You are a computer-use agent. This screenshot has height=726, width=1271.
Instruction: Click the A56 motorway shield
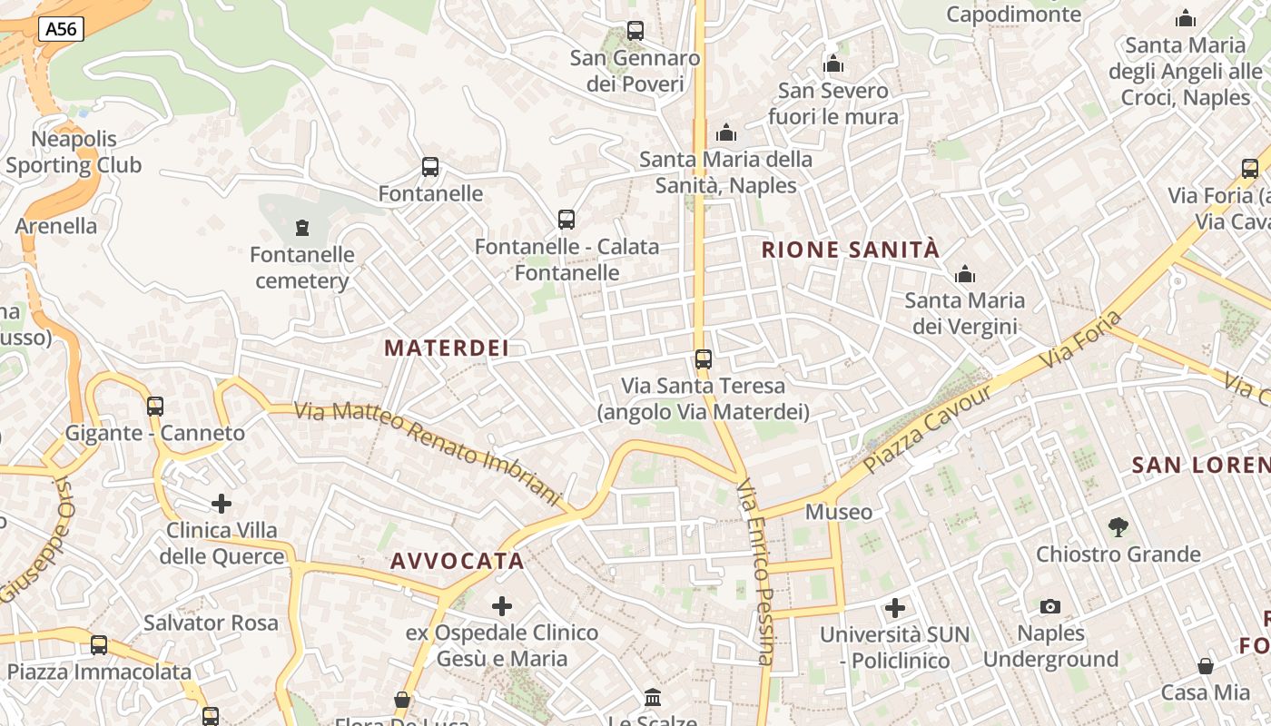(62, 29)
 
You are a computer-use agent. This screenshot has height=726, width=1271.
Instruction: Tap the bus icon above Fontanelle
(430, 167)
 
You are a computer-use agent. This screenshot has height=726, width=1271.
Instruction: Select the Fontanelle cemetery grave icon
(302, 228)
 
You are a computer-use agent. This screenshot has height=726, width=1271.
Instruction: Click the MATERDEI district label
(446, 348)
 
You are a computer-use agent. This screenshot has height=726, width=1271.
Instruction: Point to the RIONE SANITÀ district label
(850, 250)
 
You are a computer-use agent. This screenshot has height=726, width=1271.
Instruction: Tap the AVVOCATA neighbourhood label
(458, 561)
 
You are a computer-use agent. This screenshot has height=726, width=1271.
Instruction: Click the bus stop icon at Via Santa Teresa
(704, 359)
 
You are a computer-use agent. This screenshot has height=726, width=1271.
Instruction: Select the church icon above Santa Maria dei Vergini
(964, 274)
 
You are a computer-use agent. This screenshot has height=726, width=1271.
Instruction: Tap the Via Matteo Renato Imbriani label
(429, 449)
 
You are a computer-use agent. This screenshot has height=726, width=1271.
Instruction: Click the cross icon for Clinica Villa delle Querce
(222, 504)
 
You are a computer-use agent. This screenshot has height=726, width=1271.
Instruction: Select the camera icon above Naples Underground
(1050, 606)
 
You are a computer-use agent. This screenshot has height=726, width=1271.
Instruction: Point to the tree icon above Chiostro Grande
(1118, 526)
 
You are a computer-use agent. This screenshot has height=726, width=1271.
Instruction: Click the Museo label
(839, 512)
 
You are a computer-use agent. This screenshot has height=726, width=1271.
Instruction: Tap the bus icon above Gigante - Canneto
(155, 406)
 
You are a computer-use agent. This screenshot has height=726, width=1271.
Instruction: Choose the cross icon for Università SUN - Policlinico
(895, 608)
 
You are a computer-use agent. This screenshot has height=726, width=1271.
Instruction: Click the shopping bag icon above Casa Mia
(1206, 666)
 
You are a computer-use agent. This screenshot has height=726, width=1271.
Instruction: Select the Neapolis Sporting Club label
(74, 152)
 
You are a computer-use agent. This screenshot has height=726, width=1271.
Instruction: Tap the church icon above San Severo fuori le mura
(833, 64)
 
